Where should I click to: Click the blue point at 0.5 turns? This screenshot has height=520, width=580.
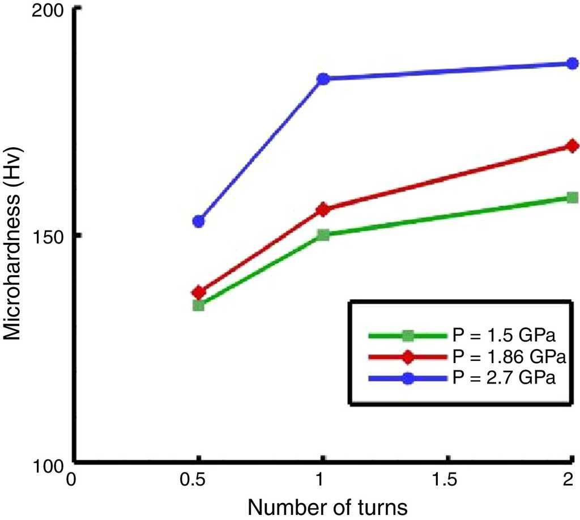pos(199,221)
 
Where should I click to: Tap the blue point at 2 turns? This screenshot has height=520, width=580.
pos(572,63)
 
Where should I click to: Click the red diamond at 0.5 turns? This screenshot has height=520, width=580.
pos(199,292)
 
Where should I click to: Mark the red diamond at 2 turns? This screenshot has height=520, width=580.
pos(572,146)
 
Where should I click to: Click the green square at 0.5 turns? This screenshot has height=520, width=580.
pos(199,305)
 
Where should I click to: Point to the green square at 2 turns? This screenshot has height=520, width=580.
pos(572,197)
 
